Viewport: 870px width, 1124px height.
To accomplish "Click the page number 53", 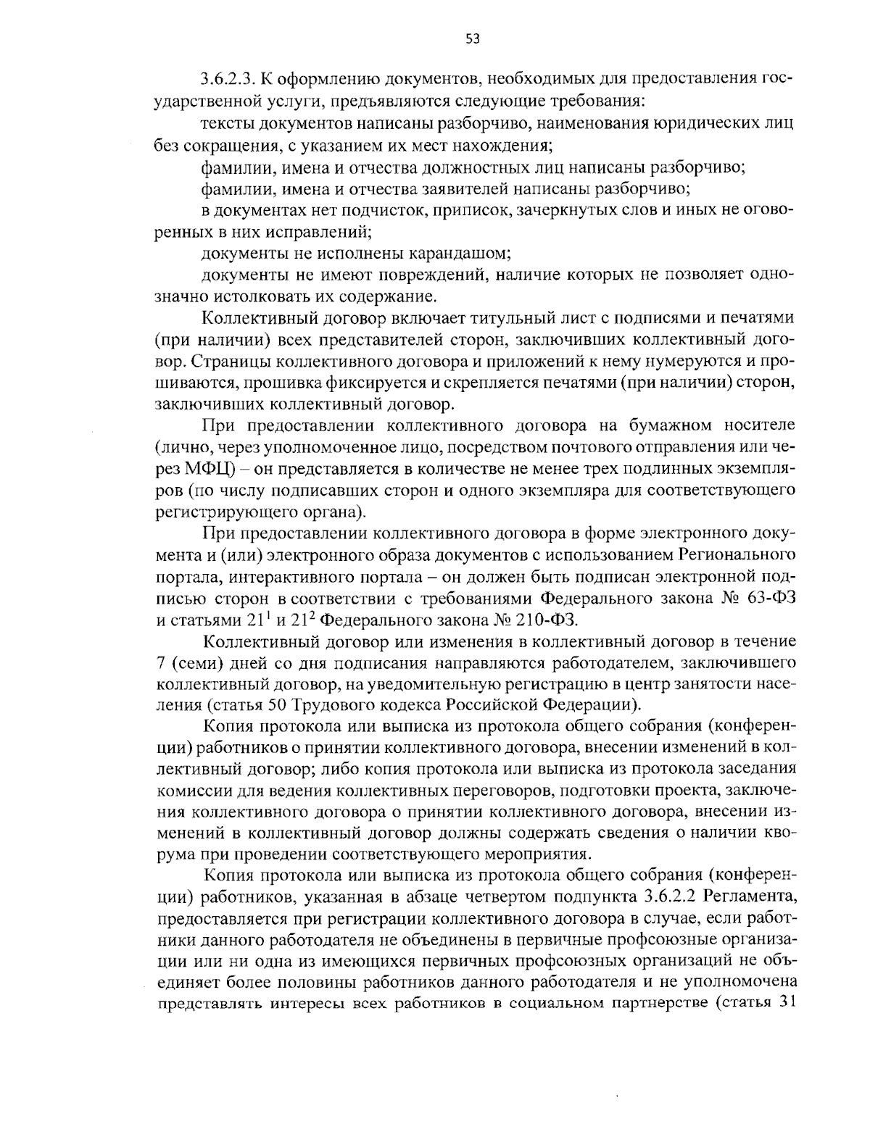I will coord(472,39).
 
